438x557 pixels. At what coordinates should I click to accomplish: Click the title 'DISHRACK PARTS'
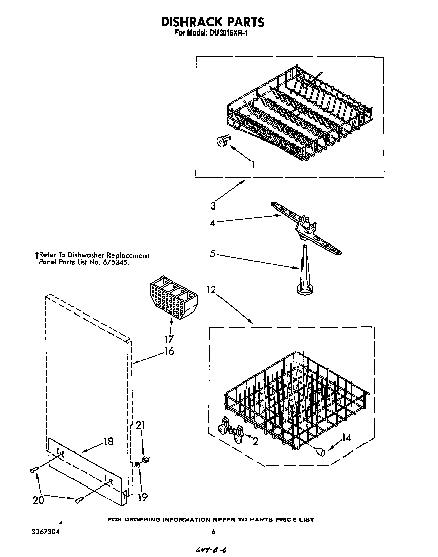212,22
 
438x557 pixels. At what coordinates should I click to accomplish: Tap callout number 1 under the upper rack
252,164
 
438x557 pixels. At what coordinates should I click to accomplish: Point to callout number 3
213,205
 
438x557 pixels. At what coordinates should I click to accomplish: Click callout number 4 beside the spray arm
213,222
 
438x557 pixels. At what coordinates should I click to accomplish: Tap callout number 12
211,290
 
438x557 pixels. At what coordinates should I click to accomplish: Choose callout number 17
169,339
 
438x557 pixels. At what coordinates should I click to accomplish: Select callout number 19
143,497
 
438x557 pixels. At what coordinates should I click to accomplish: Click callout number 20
38,500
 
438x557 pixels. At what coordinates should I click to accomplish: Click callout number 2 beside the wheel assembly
255,441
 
